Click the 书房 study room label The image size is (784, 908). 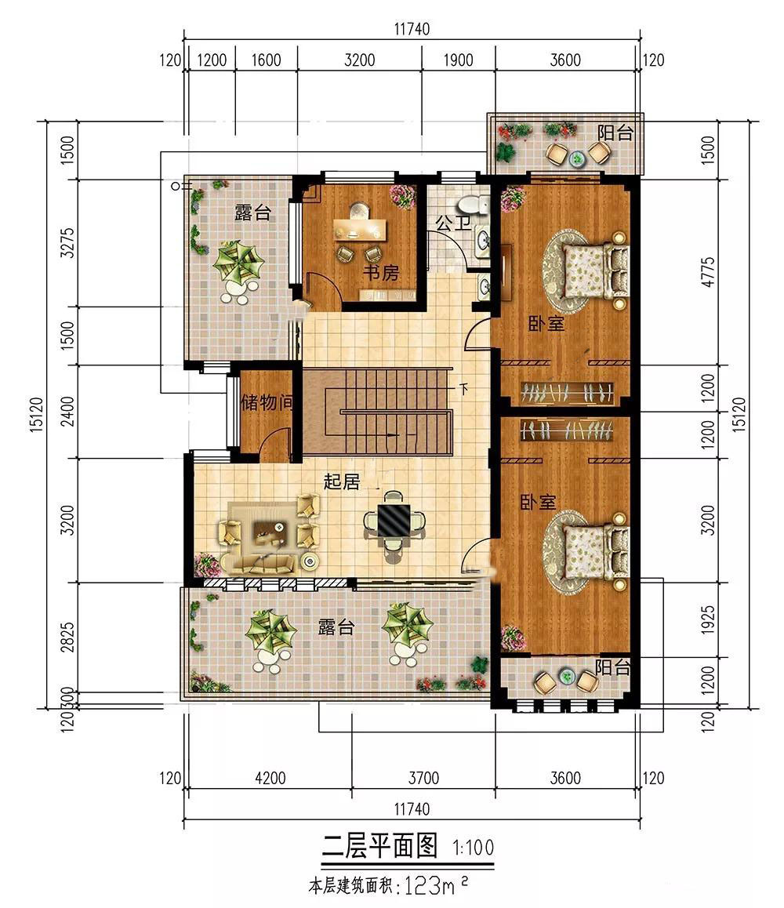click(381, 272)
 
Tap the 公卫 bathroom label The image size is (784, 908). click(453, 223)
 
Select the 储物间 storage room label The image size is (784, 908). click(267, 401)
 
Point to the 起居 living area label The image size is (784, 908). click(342, 481)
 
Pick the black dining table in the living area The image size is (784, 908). click(394, 519)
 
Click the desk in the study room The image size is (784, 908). click(360, 229)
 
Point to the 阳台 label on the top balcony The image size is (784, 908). click(615, 133)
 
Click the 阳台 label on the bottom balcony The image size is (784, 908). click(613, 668)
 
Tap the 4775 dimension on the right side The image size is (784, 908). click(708, 271)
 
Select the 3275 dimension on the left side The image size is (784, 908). click(67, 242)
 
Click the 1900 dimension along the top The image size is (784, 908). click(458, 60)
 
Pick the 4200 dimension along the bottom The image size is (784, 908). click(270, 778)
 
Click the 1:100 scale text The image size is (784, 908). click(473, 848)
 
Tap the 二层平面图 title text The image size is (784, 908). click(379, 846)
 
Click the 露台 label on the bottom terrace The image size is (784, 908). click(336, 627)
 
